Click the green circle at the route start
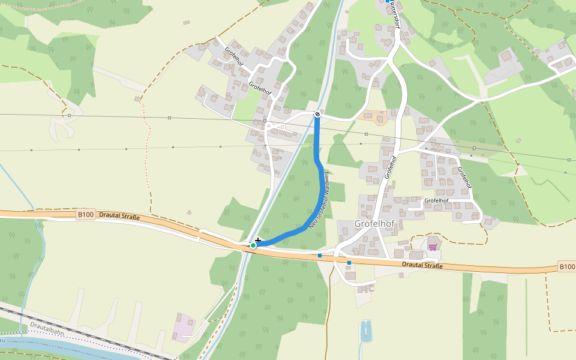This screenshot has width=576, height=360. (x=253, y=245)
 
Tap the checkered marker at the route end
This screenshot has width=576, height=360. (x=317, y=114)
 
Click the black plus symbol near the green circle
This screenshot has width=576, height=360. (x=258, y=240)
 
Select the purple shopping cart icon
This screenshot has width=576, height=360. (x=433, y=247)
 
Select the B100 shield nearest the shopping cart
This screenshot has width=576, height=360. (x=566, y=266)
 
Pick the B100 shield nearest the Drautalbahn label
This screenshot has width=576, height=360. (x=86, y=214)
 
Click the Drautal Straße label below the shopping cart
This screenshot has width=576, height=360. (x=422, y=265)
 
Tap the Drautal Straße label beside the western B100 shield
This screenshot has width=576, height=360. (x=119, y=216)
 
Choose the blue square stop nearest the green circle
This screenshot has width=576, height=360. (x=320, y=256)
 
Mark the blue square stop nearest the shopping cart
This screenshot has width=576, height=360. (x=349, y=263)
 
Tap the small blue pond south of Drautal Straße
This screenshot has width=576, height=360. (x=365, y=330)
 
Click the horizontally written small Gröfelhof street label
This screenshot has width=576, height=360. (x=436, y=200)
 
